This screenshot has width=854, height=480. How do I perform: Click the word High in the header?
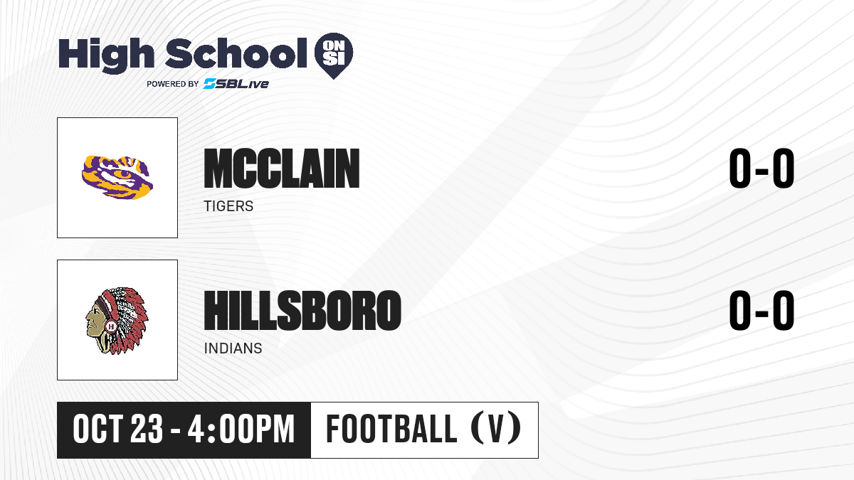coord(106,55)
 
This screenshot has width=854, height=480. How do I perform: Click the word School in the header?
coord(236,53)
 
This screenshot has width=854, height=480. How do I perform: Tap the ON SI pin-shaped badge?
coord(334,55)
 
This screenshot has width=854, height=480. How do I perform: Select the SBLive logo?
coord(236,84)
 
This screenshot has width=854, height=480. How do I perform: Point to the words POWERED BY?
coord(173,84)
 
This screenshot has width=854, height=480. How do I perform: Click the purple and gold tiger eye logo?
coord(117,177)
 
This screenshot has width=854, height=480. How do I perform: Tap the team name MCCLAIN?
coord(282,169)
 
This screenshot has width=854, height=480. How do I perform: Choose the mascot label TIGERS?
coord(228,206)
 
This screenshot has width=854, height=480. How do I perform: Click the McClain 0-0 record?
coord(761,169)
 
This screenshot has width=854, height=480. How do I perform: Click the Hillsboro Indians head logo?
coord(117,321)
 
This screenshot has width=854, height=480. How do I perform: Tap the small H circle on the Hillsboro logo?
coord(111,326)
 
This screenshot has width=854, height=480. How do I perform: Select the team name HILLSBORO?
coord(302,311)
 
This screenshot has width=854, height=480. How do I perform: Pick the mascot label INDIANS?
coord(233,348)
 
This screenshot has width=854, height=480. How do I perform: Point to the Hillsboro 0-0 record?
coord(761,311)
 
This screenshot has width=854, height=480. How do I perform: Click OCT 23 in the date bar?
coord(118,430)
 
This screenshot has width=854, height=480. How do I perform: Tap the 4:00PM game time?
coord(241,430)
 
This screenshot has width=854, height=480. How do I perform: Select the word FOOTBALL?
coord(391,429)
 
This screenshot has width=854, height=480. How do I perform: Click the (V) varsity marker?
coord(496,429)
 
